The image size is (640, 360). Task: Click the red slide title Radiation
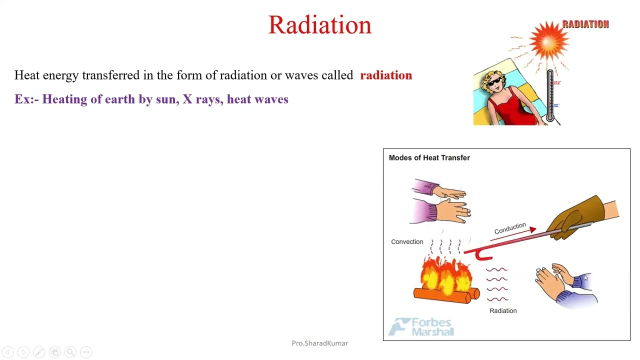coord(319,25)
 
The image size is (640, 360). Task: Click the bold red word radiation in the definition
coord(385,75)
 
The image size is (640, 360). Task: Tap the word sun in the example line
coord(165,99)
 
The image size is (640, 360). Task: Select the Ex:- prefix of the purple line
coord(26,99)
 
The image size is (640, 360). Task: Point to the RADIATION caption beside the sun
coord(585,24)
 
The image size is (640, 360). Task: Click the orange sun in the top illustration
coord(549,41)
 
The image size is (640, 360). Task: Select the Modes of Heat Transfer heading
coord(429,158)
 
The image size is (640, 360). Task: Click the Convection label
coord(406,242)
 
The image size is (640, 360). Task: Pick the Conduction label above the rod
coord(509,228)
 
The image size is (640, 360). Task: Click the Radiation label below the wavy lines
coord(502,311)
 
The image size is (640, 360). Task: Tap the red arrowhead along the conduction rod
coord(532,230)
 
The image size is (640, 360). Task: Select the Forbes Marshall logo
coord(421,327)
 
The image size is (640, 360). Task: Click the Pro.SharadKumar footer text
coord(319,343)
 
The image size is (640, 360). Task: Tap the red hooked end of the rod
coord(481,255)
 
